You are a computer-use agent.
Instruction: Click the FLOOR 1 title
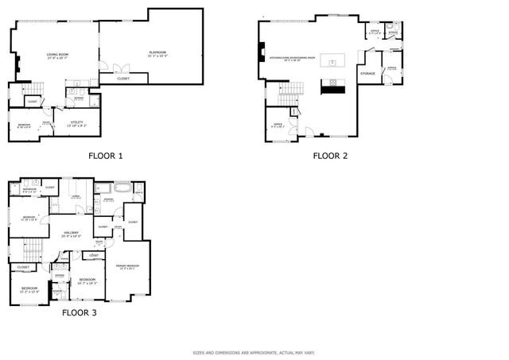(105, 156)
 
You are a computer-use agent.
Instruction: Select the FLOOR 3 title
(80, 313)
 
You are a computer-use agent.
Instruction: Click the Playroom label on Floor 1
(157, 54)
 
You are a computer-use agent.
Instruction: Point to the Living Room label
(56, 56)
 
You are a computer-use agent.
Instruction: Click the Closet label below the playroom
(123, 79)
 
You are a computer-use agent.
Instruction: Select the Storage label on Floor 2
(367, 74)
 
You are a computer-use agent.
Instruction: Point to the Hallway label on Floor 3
(72, 233)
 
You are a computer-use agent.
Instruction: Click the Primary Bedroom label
(127, 266)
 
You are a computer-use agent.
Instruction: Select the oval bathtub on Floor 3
(122, 189)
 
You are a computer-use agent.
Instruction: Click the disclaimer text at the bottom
(254, 352)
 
